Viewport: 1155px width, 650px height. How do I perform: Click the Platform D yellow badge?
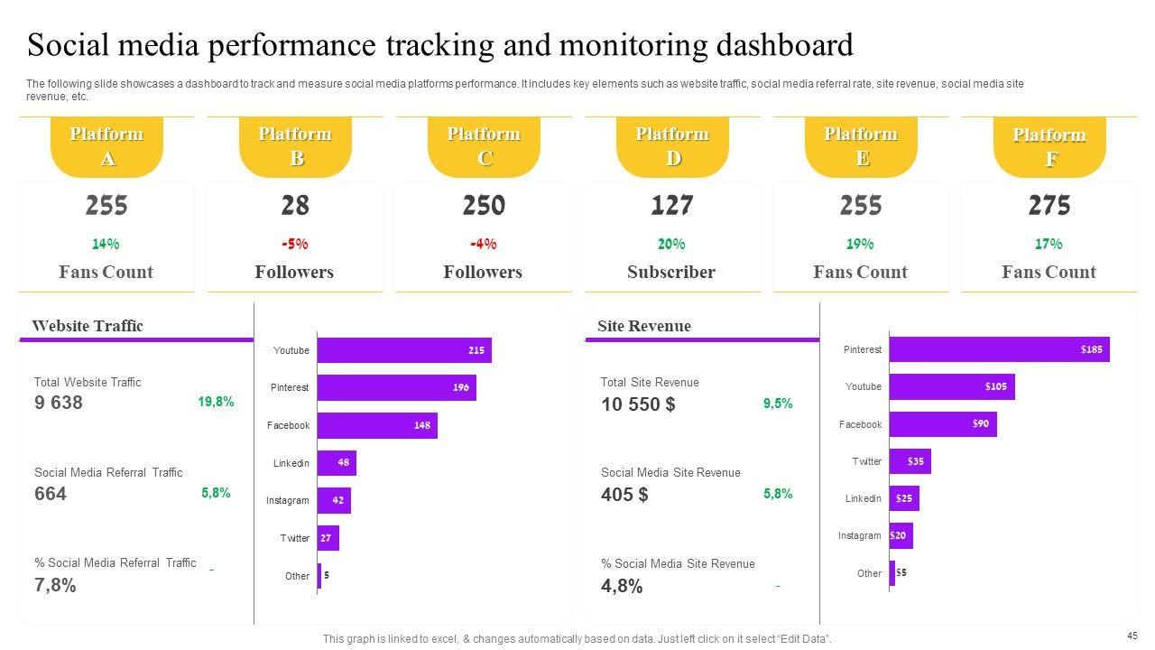tap(672, 146)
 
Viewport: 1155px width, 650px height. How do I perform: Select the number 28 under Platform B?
tap(295, 206)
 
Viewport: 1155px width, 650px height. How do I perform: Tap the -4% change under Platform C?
tap(484, 244)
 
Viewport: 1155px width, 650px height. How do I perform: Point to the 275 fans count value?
tap(1049, 206)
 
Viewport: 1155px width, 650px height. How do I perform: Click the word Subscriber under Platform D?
tap(671, 272)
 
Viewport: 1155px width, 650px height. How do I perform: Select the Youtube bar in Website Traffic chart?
tap(404, 350)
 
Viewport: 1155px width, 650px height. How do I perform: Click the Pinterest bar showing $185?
tap(999, 349)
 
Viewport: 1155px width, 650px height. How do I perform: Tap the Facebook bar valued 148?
tap(377, 425)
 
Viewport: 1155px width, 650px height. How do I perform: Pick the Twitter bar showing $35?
tap(910, 461)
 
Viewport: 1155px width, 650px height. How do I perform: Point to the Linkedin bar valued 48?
tap(337, 463)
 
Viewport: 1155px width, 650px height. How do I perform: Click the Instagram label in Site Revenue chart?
tap(859, 535)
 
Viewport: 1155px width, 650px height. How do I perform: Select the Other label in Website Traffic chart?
tap(297, 576)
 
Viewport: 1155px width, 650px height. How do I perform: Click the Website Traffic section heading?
tap(88, 326)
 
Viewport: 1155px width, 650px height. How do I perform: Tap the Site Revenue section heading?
tap(644, 326)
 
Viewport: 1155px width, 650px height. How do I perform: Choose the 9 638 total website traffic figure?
tap(59, 403)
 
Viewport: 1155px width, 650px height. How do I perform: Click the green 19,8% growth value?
tap(216, 402)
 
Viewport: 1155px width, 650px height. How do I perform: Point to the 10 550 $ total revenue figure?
tap(638, 404)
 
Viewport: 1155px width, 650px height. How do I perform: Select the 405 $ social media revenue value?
tap(624, 495)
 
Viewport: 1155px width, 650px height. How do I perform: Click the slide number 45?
tap(1132, 636)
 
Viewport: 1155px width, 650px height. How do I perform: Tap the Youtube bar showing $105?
tap(952, 386)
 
